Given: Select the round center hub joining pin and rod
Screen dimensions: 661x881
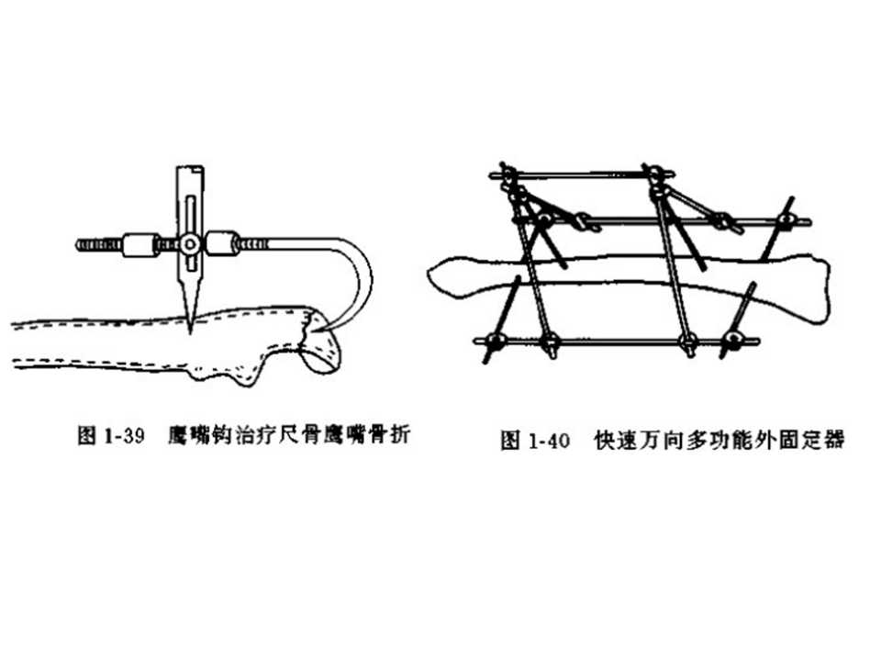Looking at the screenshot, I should tap(189, 244).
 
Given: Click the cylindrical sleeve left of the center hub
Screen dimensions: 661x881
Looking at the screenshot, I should tap(140, 244).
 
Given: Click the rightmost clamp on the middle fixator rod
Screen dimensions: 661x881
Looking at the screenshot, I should tap(786, 220).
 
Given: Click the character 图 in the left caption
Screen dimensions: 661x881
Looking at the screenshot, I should tap(85, 435).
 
